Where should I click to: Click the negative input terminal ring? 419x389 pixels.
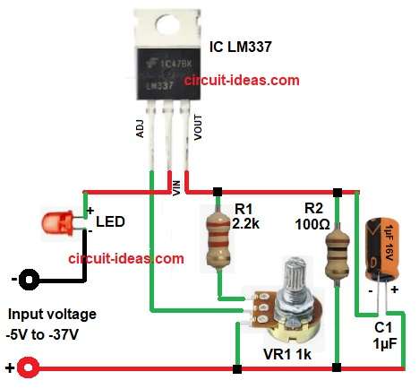click(30, 279)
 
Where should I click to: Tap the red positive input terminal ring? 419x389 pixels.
click(30, 367)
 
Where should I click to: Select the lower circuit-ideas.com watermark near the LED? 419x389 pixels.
click(125, 259)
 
